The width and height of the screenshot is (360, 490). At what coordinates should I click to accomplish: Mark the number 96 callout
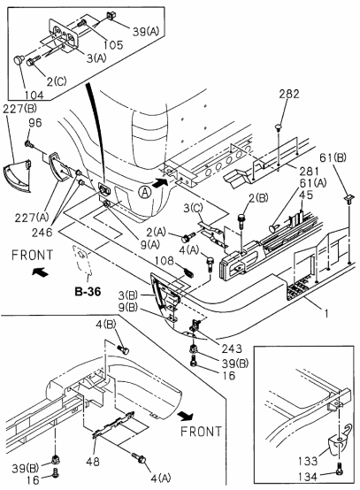pos(34,124)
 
